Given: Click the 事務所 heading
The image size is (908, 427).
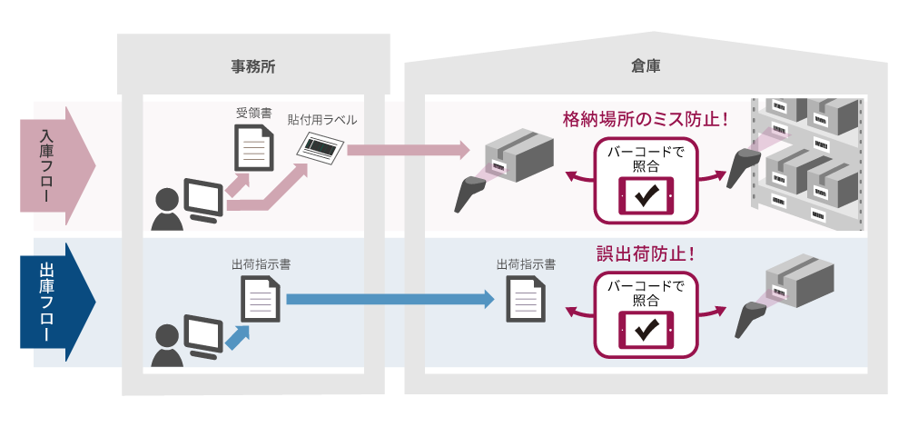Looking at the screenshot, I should [253, 65].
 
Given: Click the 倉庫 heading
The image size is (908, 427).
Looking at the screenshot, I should [646, 65].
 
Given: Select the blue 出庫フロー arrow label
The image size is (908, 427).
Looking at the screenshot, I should [54, 301].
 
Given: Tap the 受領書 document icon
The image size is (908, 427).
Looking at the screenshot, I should [253, 148].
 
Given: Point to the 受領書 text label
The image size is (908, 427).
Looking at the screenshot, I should [253, 114].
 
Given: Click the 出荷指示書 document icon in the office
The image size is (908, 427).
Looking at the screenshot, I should [260, 298].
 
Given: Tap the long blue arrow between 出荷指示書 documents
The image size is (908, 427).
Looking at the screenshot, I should [390, 298].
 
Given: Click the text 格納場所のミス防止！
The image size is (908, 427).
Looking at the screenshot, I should [646, 118].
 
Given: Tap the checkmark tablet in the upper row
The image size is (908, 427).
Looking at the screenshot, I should [646, 197].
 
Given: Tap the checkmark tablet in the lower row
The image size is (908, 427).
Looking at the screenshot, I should [646, 331].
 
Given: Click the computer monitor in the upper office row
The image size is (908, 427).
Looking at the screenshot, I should [201, 200].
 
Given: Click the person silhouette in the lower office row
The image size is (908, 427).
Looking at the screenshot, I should [166, 345].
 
